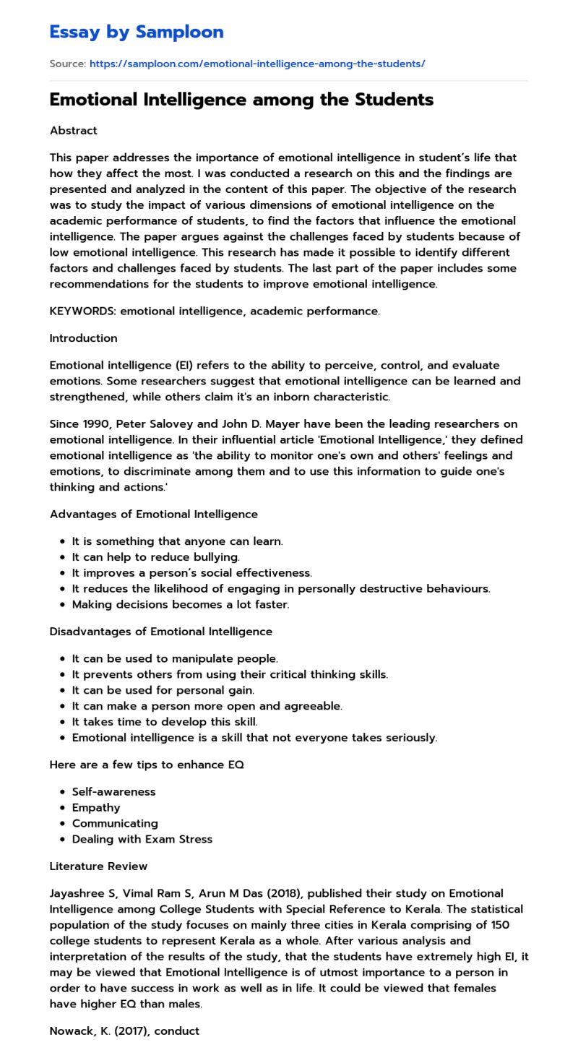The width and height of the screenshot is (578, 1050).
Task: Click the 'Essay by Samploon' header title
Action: [137, 32]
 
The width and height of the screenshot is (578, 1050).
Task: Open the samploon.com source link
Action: [257, 64]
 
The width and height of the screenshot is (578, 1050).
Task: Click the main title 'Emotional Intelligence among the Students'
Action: [241, 100]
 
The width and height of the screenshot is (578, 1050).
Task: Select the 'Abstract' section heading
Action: [73, 131]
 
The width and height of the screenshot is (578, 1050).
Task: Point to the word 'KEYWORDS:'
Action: [82, 311]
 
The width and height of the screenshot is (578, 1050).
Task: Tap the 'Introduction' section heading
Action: [83, 338]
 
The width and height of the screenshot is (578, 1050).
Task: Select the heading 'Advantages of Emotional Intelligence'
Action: [153, 515]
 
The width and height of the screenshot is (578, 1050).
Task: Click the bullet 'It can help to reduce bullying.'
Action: [155, 557]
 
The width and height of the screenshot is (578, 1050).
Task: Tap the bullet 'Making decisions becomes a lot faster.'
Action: [180, 605]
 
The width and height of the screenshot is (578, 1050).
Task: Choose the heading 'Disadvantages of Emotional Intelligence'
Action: [160, 632]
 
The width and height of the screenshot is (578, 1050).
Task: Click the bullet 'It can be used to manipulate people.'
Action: [174, 659]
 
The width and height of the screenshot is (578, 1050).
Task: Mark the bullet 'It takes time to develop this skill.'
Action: [164, 722]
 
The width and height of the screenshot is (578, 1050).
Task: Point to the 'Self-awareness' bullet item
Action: [113, 792]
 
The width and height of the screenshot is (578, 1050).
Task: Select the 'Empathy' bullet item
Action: [96, 808]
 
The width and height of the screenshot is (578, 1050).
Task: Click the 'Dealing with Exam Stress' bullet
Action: [142, 840]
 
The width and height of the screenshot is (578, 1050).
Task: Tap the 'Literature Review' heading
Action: [98, 866]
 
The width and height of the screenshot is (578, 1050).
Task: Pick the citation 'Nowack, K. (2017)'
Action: [98, 1031]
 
